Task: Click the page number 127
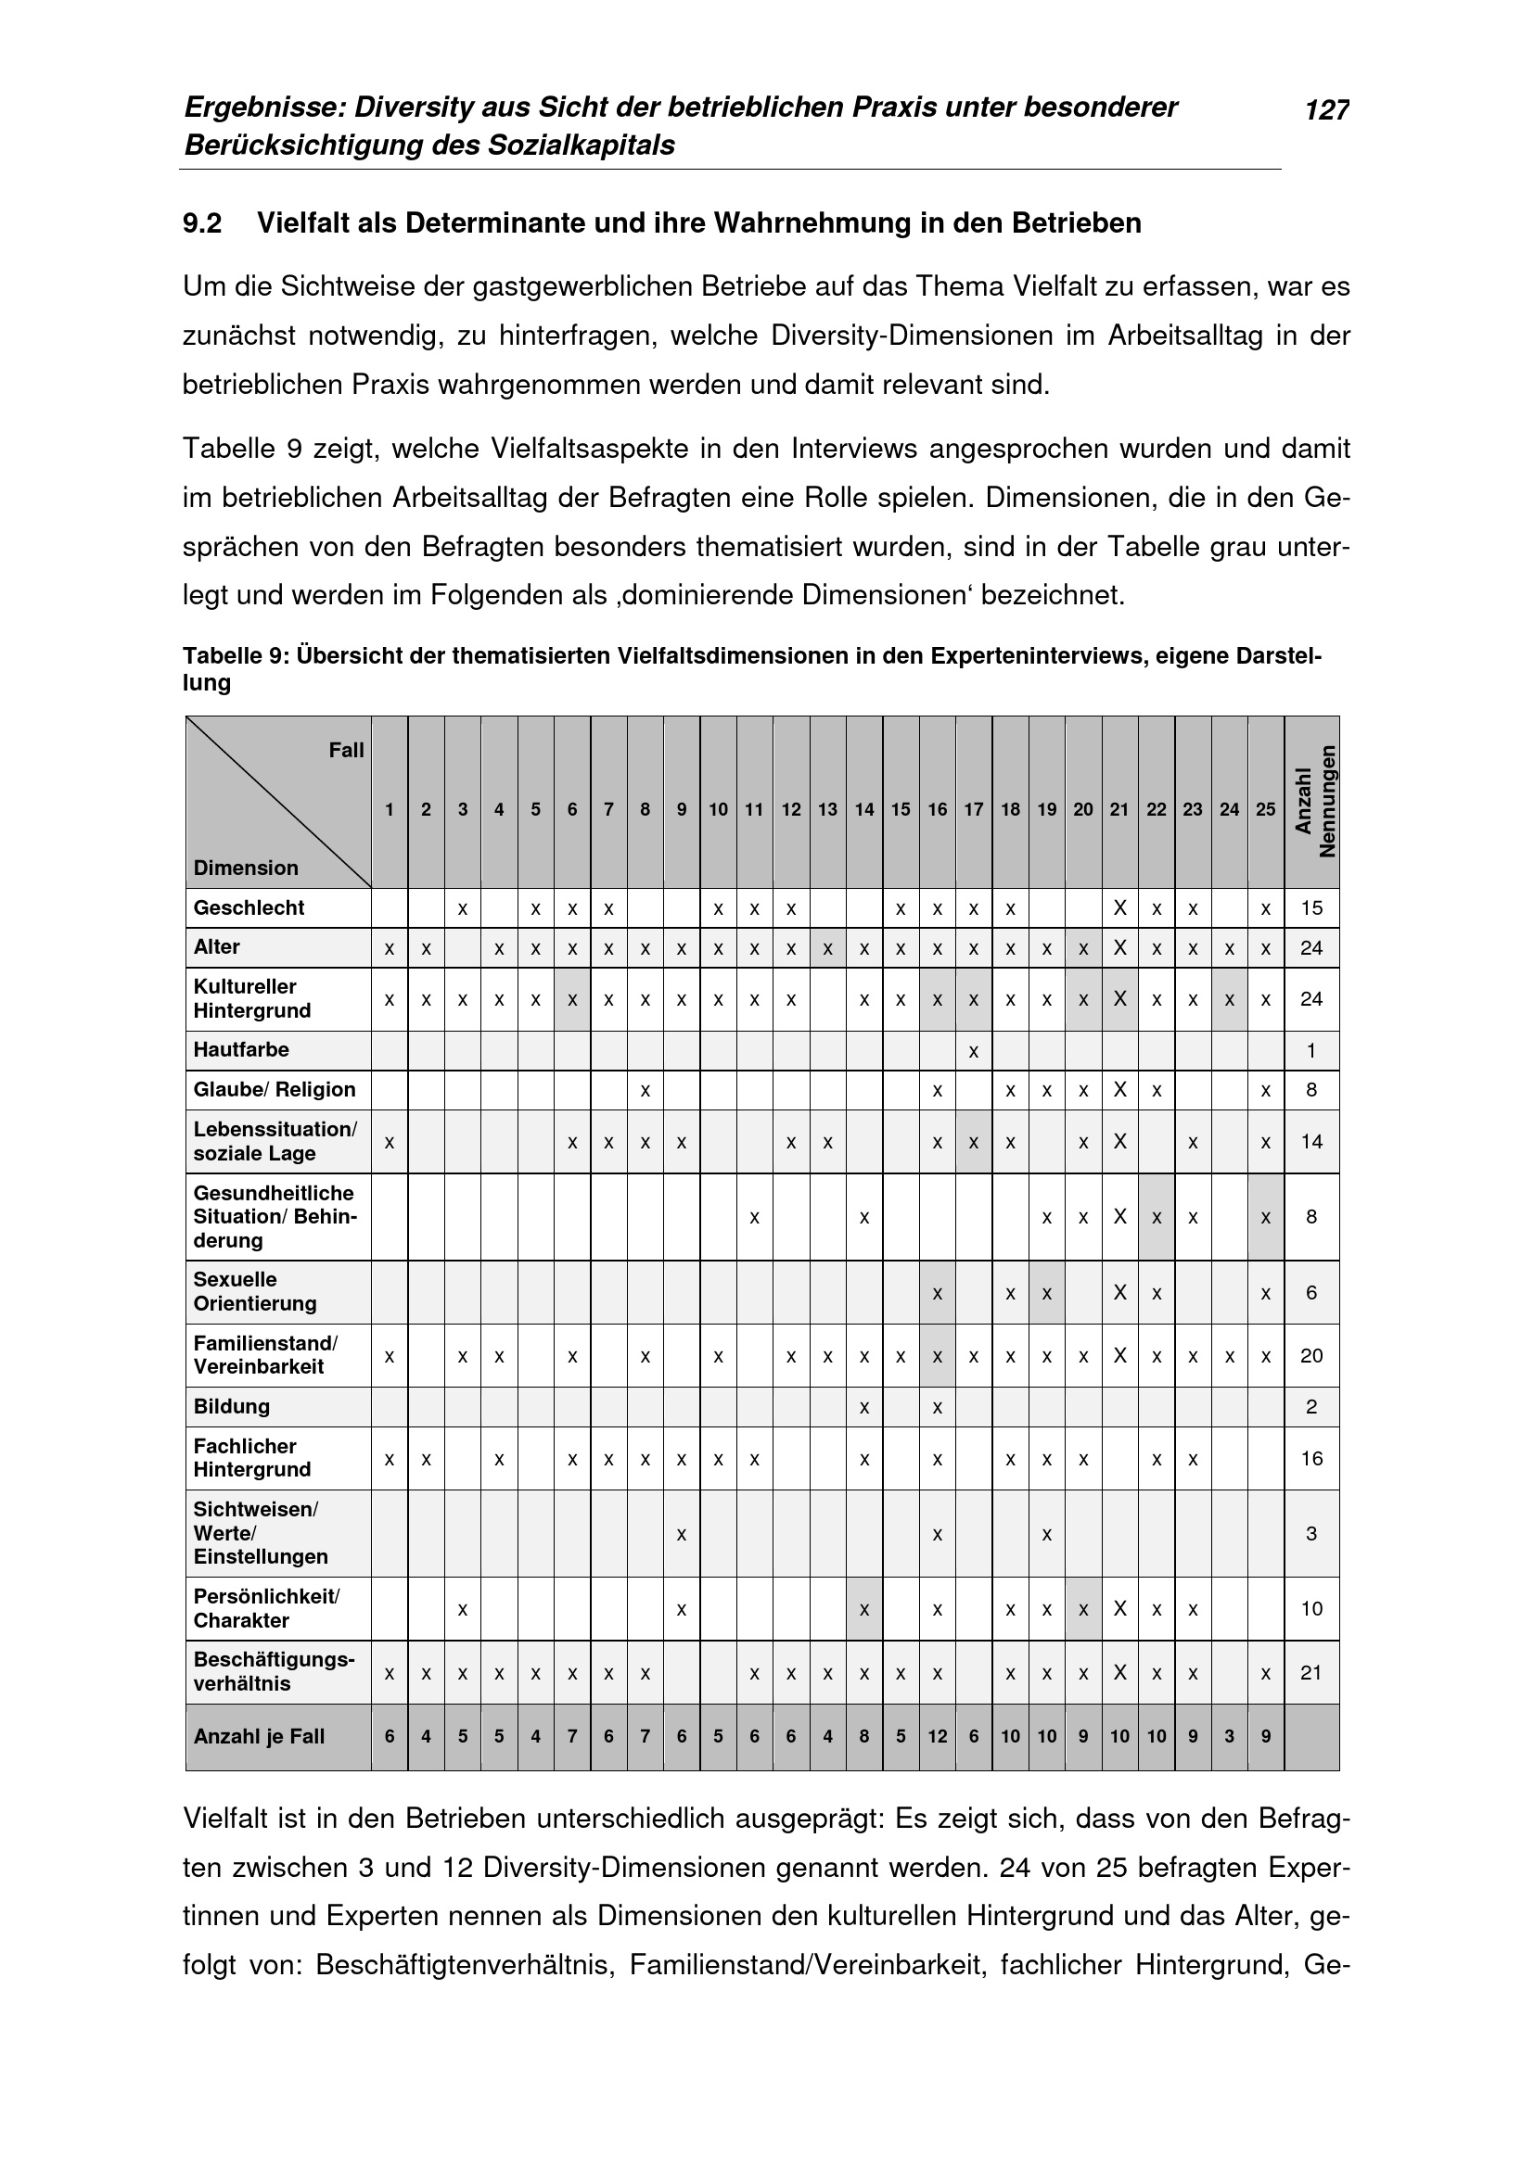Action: [x=1326, y=111]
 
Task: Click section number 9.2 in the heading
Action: [x=202, y=223]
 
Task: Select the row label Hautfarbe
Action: [x=241, y=1050]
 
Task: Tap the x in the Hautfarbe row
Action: [x=973, y=1051]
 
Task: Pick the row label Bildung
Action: [x=232, y=1407]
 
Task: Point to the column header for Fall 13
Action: [x=827, y=809]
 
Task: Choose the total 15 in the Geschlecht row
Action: [x=1311, y=908]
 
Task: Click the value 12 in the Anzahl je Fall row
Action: [x=937, y=1736]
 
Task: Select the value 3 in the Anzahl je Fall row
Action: [x=1229, y=1736]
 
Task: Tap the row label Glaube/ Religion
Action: [x=274, y=1090]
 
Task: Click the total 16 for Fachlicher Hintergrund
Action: [x=1311, y=1459]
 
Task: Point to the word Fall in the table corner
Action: [x=346, y=751]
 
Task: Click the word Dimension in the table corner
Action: [x=246, y=868]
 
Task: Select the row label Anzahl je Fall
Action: [x=259, y=1736]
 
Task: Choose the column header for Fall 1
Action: [x=390, y=809]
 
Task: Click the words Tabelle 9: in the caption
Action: [x=236, y=655]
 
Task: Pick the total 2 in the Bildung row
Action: [x=1311, y=1407]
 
